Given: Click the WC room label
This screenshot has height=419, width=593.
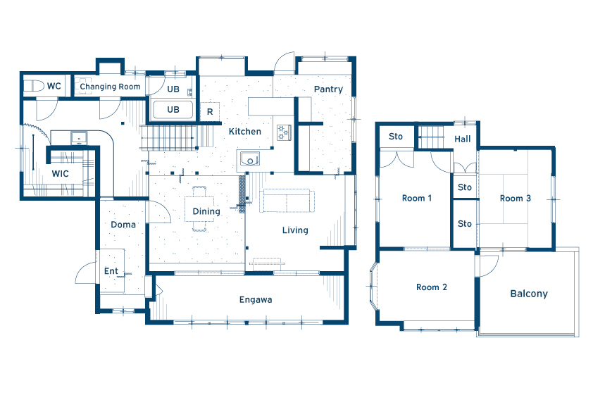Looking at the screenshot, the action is click(54, 86).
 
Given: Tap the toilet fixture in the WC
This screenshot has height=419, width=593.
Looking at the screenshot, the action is click(34, 86).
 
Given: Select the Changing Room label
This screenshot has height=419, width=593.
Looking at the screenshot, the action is click(110, 87).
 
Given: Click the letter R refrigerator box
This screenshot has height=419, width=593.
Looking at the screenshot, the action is click(210, 111).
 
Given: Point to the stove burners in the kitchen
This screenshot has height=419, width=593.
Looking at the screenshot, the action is click(284, 132).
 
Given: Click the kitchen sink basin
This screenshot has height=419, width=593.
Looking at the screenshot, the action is click(249, 159).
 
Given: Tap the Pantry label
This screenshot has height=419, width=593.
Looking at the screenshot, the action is click(328, 89).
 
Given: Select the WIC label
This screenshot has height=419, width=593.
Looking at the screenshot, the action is click(60, 173).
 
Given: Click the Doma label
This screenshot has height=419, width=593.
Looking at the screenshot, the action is click(123, 225).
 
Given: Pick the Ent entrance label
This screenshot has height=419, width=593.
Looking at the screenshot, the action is click(111, 270).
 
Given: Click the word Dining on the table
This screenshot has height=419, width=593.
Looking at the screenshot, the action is click(206, 211).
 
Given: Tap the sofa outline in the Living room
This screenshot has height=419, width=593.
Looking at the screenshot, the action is click(287, 201).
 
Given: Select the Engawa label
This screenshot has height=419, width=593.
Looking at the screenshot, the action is click(256, 300).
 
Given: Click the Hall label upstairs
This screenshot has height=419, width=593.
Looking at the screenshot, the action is click(463, 139).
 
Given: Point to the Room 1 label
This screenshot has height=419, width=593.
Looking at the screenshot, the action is click(417, 198).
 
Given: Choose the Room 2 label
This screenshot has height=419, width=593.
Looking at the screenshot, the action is click(432, 287).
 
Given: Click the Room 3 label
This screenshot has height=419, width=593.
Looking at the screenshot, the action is click(516, 198).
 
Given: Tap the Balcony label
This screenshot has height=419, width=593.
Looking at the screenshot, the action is click(529, 294).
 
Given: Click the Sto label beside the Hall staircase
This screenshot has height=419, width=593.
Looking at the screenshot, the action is click(396, 136).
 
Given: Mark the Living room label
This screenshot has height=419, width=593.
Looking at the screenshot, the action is click(295, 230).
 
